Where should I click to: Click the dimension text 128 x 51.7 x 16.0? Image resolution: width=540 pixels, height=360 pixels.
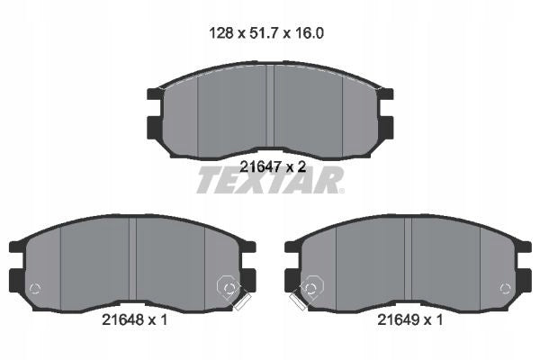(266, 33)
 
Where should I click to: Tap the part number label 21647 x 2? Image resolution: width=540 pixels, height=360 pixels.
(273, 167)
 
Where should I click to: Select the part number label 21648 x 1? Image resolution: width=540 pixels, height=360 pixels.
(135, 320)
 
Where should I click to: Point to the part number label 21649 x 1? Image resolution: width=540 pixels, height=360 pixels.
(410, 320)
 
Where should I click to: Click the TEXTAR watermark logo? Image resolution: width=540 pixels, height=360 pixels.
(270, 180)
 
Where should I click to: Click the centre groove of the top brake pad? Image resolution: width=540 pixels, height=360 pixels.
(270, 105)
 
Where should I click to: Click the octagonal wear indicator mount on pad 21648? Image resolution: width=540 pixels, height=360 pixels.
(229, 286)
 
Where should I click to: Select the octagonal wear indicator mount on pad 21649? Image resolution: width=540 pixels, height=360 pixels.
(312, 286)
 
